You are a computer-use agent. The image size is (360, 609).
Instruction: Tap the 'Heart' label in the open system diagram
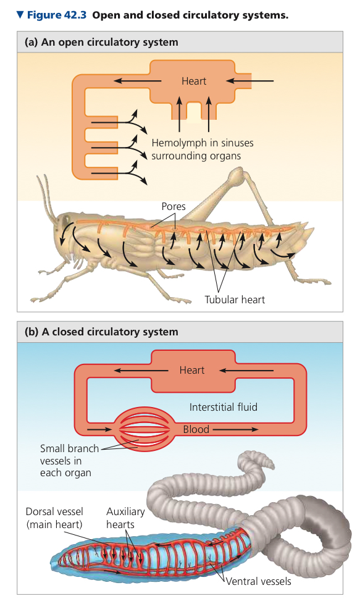point(194,81)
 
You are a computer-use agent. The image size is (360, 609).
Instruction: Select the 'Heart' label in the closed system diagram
point(192,370)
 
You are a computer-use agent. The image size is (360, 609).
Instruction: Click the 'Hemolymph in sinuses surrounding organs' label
point(203,149)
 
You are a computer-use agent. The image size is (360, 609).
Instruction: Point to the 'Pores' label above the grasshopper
point(174,206)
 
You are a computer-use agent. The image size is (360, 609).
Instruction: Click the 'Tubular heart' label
point(235,300)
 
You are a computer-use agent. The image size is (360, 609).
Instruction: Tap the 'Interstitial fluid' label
point(224,407)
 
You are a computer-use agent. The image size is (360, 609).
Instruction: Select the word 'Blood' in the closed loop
point(196,429)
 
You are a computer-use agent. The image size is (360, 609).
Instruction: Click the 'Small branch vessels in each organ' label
point(69,461)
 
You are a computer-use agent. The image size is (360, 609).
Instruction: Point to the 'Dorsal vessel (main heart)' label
point(54,518)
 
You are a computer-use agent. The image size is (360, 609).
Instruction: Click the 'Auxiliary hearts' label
point(125,518)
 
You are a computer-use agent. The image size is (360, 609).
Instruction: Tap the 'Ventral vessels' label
point(258,581)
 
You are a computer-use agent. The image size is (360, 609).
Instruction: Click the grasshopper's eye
point(62,220)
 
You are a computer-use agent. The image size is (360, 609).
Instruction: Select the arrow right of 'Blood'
point(235,429)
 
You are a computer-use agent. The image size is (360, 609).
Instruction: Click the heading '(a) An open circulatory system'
point(101,42)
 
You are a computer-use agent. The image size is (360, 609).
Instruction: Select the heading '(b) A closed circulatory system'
point(101,332)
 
